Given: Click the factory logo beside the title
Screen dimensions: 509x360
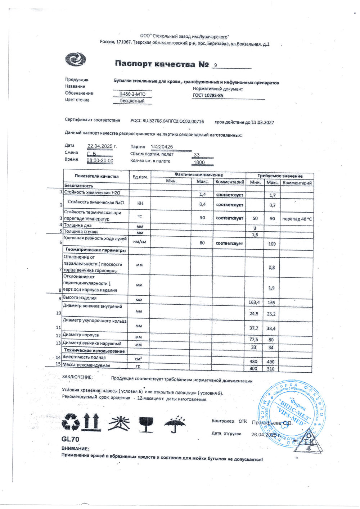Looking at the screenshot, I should tap(75, 59).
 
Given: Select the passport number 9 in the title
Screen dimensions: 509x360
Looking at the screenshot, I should tap(215, 65).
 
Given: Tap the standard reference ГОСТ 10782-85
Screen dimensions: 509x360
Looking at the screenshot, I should tap(208, 96).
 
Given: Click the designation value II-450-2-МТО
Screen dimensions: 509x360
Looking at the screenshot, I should tap(132, 94).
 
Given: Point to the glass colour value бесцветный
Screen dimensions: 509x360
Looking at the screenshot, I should tap(132, 101).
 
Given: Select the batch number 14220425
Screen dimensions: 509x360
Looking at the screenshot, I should tap(162, 147).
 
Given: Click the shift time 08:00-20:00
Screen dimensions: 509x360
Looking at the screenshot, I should tap(100, 161).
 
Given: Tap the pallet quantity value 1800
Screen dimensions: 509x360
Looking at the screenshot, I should tap(199, 162).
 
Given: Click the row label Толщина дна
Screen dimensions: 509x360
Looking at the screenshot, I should tap(77, 226).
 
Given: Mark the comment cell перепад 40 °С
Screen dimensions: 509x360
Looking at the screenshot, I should tap(297, 219).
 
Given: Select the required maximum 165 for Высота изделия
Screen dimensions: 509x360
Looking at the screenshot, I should tap(271, 303).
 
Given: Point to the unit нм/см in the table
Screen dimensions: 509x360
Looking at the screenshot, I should tap(140, 242).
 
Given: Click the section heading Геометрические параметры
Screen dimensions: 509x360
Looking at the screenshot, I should tap(95, 250).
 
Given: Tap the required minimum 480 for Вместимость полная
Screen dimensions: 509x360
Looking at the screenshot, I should tap(253, 362).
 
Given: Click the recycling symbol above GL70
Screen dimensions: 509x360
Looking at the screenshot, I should tap(71, 422).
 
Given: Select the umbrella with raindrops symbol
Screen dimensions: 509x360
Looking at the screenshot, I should tap(175, 424).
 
